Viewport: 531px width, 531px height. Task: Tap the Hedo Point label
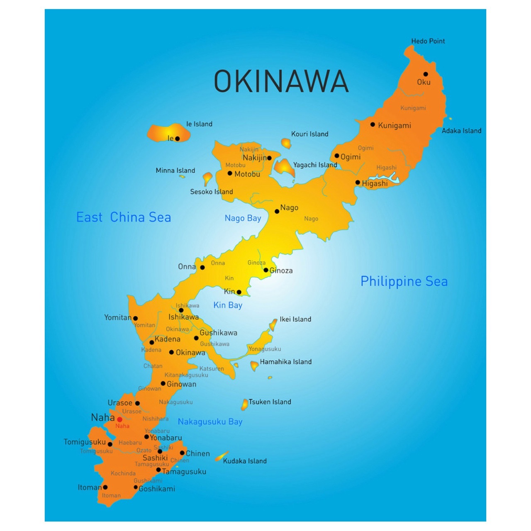point(428,41)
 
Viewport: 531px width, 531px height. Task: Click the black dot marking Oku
point(425,74)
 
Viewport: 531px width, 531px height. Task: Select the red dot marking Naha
point(119,419)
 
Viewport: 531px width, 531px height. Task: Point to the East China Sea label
point(124,217)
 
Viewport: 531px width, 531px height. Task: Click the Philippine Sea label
point(404,281)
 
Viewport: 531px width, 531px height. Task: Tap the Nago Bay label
point(243,218)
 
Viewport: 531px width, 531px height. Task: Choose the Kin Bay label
point(228,305)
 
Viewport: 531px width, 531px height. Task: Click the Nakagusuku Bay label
point(210,422)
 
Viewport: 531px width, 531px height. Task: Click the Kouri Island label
point(309,134)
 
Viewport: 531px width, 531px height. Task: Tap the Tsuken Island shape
point(245,404)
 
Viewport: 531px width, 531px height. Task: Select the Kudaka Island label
point(245,461)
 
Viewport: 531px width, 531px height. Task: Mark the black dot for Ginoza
point(266,270)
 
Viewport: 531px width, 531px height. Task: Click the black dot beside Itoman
point(105,487)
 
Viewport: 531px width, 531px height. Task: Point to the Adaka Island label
point(461,131)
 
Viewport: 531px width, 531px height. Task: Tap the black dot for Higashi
point(358,183)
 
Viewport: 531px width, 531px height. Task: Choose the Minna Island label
point(175,171)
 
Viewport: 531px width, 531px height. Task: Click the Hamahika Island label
point(285,362)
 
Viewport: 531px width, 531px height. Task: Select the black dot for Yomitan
point(135,319)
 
